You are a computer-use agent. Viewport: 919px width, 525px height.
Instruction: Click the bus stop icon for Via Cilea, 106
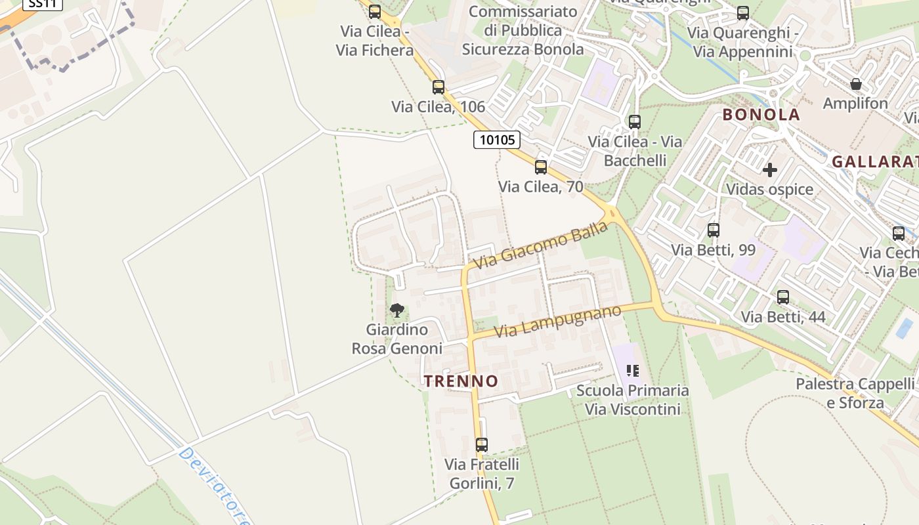click(438, 87)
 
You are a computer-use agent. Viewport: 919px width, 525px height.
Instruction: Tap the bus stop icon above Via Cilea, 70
click(541, 167)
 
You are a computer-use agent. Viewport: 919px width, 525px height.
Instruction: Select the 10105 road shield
click(497, 140)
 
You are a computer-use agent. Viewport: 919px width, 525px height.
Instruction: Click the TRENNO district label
click(461, 381)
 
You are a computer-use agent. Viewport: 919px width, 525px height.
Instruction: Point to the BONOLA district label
click(761, 115)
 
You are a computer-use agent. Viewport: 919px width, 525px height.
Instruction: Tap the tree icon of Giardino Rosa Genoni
click(396, 310)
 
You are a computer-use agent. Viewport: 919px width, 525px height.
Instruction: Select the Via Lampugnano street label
click(557, 321)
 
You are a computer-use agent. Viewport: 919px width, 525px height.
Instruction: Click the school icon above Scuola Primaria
click(633, 371)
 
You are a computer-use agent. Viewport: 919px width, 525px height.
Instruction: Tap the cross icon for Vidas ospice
click(770, 170)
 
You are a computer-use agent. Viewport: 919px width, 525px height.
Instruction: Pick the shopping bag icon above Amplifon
click(856, 84)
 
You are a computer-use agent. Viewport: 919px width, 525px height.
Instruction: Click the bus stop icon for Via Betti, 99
click(714, 230)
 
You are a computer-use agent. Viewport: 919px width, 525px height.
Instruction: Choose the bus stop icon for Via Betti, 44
click(783, 297)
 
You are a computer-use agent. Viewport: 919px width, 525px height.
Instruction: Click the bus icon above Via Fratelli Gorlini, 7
click(482, 445)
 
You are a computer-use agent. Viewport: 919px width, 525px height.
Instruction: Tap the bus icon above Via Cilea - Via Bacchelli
click(635, 122)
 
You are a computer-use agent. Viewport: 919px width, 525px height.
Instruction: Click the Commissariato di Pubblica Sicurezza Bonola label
click(523, 30)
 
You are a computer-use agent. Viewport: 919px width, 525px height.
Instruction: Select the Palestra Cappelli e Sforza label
click(855, 393)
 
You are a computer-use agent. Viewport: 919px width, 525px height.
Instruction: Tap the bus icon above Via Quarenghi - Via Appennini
click(743, 13)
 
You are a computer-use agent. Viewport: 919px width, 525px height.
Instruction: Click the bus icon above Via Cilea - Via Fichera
click(375, 12)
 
